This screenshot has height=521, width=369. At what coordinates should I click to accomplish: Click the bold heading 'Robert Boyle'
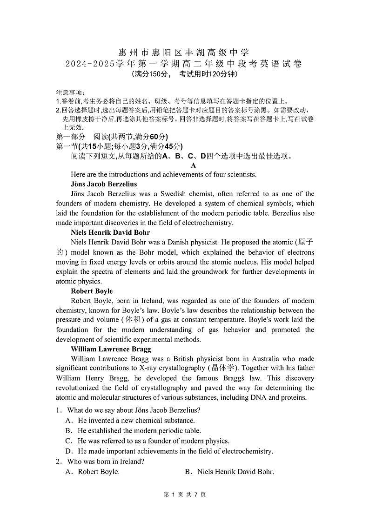point(92,291)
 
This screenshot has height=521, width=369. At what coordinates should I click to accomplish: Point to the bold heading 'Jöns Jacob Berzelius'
point(104,184)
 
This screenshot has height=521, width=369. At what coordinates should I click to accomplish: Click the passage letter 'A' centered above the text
point(194,165)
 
